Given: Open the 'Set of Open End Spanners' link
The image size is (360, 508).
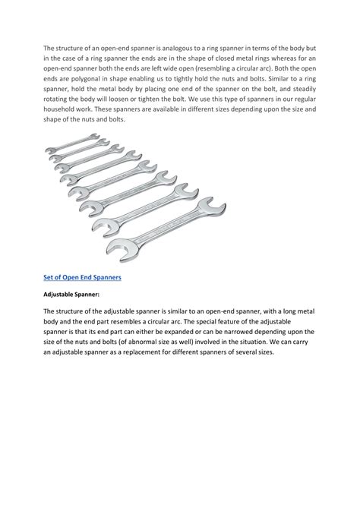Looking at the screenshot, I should pos(82,278).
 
